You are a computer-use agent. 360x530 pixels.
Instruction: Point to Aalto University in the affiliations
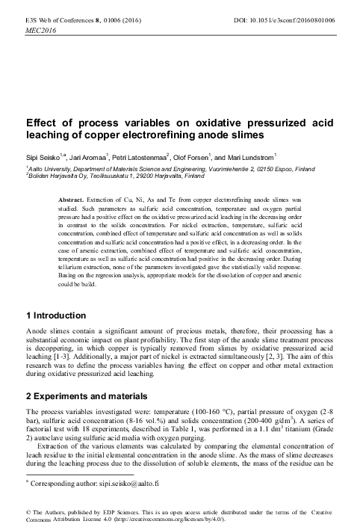click(x=49, y=170)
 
